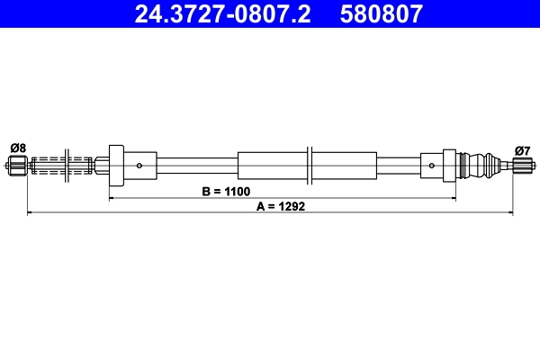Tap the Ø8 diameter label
click(x=17, y=148)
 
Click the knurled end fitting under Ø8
click(x=17, y=165)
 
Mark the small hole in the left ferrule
click(x=139, y=165)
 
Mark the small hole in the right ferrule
click(x=434, y=165)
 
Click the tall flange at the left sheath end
click(x=115, y=165)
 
